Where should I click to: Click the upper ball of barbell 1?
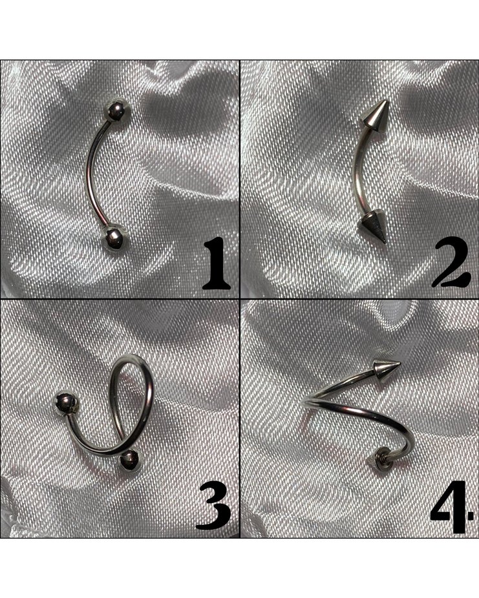click(117, 110)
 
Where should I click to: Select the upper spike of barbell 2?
click(371, 116)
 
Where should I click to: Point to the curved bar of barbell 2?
click(357, 171)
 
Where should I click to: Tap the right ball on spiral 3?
click(131, 460)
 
